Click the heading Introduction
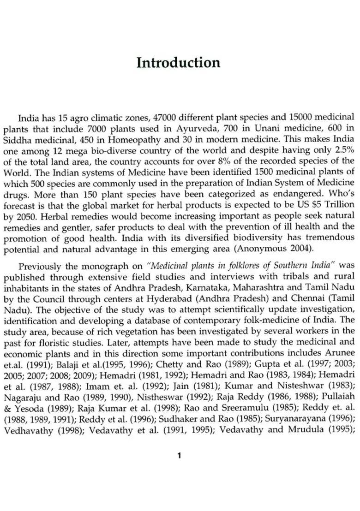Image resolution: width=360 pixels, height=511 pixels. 179,62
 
